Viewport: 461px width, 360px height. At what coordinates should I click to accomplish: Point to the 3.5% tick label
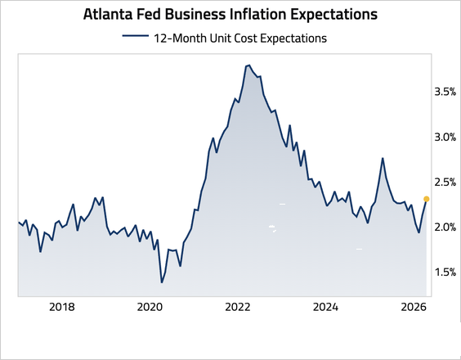(444, 92)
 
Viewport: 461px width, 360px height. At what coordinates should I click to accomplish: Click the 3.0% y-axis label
(444, 137)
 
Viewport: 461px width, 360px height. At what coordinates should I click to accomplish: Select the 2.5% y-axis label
(444, 182)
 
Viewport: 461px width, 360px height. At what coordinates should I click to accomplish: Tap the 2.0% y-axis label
(444, 227)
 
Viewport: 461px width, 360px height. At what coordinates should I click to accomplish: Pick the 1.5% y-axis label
(444, 272)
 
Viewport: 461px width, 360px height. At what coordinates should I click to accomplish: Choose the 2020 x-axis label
(150, 308)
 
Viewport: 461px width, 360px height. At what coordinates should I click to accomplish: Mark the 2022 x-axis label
(238, 308)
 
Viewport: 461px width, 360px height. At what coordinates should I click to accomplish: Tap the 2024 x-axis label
(326, 308)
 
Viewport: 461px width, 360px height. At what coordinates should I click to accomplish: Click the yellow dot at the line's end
(426, 199)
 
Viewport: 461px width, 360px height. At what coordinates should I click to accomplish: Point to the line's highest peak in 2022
(248, 65)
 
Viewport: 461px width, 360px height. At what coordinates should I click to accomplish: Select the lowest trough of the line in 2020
(162, 282)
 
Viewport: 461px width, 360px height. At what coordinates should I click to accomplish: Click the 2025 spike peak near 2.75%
(382, 159)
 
